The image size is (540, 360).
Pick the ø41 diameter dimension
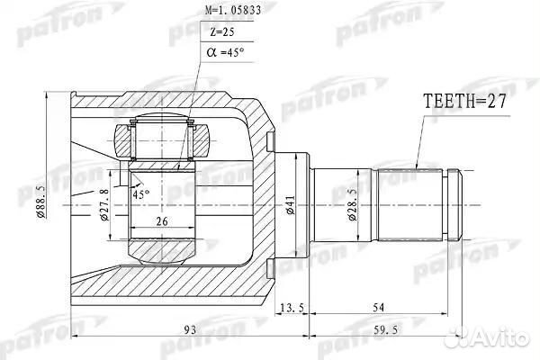click(290, 209)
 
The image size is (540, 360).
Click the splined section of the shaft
click(412, 205)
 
